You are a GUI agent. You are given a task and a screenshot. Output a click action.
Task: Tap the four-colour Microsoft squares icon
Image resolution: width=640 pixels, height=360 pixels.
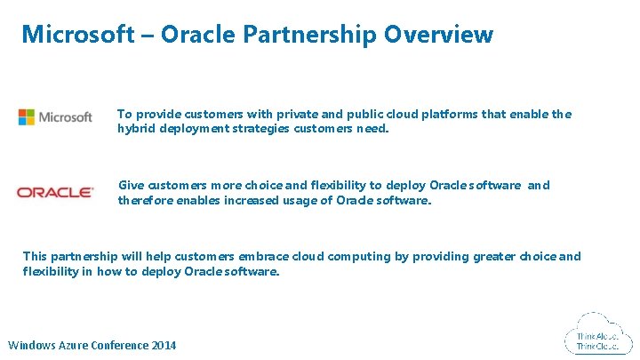tap(27, 117)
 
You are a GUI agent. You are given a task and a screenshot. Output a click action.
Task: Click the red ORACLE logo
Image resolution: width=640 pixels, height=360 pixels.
tap(55, 192)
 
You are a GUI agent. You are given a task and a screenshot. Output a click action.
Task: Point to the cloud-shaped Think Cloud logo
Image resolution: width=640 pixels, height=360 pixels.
tap(597, 335)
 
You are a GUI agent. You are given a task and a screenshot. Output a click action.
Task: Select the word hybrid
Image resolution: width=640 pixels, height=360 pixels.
tap(135, 129)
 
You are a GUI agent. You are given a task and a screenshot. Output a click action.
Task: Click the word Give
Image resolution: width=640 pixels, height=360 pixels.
tap(131, 186)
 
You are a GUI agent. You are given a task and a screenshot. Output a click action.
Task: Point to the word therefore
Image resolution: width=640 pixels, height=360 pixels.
tap(144, 200)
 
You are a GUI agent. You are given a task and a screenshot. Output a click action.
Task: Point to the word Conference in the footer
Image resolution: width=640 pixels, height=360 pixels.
tap(123, 346)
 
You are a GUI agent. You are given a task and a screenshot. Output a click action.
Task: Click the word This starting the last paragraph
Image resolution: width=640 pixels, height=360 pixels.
tap(36, 257)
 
